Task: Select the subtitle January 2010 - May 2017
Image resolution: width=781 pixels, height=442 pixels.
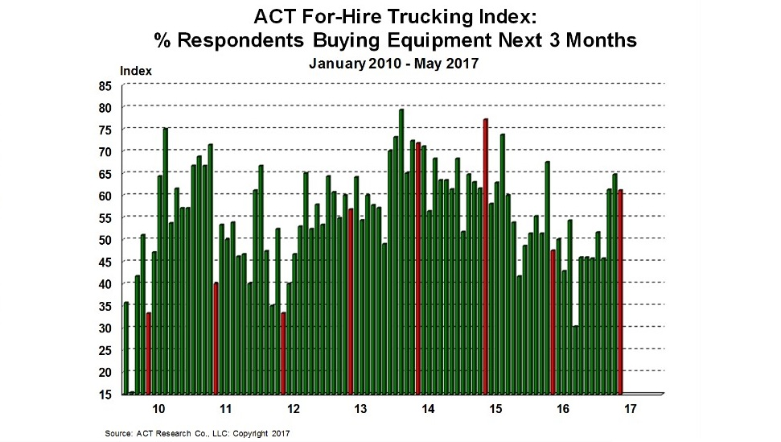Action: [x=393, y=64]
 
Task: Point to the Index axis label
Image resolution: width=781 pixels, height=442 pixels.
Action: [x=135, y=71]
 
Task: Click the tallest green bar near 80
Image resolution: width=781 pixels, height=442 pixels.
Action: [x=401, y=250]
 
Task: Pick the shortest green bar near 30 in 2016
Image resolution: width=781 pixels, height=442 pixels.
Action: [x=575, y=359]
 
